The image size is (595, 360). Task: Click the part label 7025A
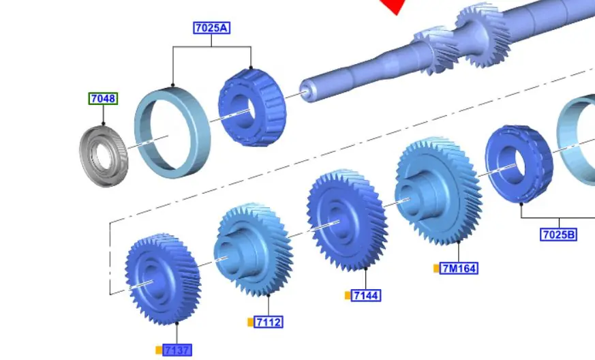211,28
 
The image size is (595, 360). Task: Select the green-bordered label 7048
103,99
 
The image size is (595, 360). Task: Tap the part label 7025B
558,235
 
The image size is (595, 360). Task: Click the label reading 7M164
459,269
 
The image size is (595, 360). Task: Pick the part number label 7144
366,295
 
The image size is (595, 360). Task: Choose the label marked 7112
269,322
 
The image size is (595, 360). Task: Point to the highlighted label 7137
177,350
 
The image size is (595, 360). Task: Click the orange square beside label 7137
159,350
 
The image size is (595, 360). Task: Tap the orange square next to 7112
250,322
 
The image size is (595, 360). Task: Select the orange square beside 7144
348,295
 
